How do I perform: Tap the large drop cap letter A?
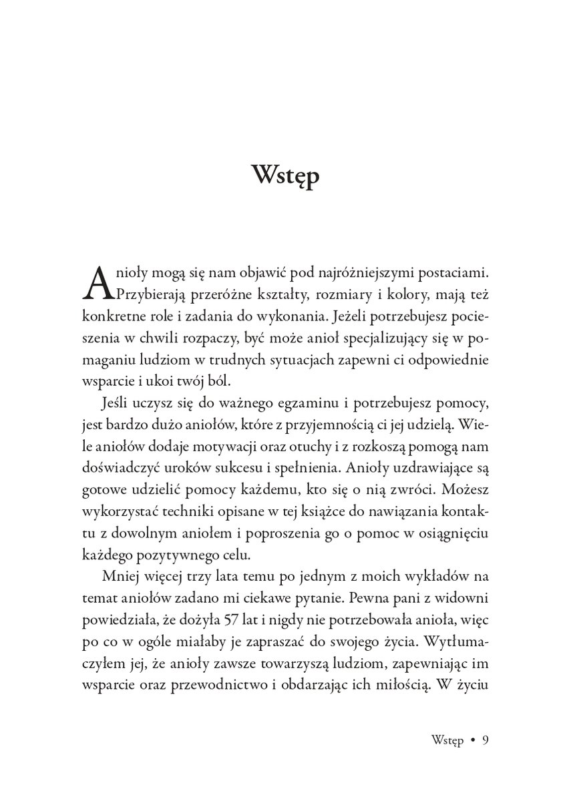96,282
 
